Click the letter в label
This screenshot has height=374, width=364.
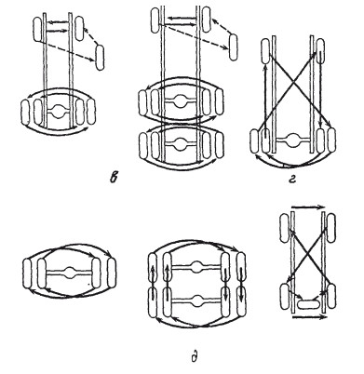[x=114, y=178]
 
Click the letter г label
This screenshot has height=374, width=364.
[x=291, y=179]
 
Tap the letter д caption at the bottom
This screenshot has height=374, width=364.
[x=194, y=355]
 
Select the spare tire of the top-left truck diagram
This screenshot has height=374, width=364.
[x=100, y=58]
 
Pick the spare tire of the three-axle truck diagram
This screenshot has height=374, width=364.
[x=234, y=47]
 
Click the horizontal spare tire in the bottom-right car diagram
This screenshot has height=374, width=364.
[x=308, y=303]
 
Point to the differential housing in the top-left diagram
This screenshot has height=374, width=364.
[x=58, y=111]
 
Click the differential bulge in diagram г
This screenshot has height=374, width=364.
[x=292, y=140]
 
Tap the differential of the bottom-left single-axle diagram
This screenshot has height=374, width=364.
[x=70, y=273]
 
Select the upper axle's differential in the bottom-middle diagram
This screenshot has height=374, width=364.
[x=195, y=267]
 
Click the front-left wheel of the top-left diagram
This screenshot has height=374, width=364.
[x=38, y=30]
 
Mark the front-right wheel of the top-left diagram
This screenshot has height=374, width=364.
[x=79, y=29]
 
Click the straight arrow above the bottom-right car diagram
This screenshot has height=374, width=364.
[x=307, y=207]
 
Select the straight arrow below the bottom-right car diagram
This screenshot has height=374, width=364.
[x=309, y=317]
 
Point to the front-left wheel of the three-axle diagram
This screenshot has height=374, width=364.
[x=155, y=20]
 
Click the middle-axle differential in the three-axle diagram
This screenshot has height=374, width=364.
[x=180, y=102]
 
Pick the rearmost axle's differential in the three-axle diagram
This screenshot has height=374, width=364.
[x=180, y=143]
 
